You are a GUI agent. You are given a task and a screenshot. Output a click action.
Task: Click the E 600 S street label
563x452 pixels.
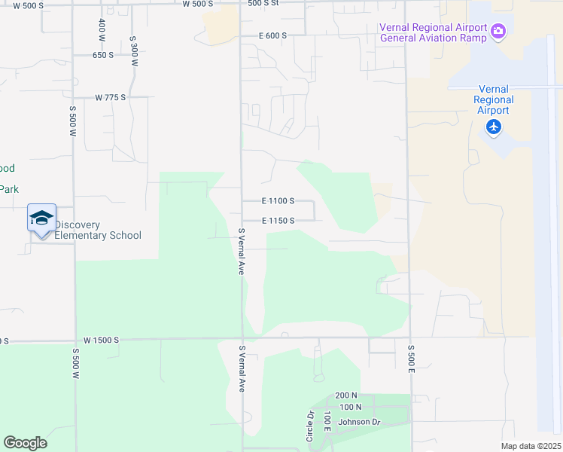(272, 35)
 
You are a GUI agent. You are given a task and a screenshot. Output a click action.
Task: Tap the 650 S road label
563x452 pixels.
(103, 55)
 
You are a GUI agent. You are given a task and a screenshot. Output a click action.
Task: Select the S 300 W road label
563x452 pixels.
(133, 49)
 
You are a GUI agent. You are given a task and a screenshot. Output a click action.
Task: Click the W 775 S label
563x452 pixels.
(110, 98)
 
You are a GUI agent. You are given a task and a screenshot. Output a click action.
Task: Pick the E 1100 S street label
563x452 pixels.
(278, 202)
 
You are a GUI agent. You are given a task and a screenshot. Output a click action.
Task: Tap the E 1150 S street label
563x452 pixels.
(278, 221)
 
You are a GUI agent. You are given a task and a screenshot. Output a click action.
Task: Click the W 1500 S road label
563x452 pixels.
(102, 341)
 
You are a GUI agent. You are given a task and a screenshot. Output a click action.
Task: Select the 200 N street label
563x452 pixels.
(346, 395)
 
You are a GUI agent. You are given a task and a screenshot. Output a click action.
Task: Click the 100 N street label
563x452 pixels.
(351, 408)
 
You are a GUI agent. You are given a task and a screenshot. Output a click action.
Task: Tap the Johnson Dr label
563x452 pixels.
(360, 422)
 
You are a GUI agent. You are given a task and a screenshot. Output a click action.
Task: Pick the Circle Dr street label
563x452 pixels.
(309, 426)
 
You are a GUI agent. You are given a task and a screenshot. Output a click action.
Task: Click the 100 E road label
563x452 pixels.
(327, 423)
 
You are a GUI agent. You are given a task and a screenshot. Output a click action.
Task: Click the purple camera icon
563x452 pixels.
(498, 32)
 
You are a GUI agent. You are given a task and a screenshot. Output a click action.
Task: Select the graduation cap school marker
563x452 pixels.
(41, 218)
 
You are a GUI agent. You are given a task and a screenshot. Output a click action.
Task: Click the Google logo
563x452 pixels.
(25, 443)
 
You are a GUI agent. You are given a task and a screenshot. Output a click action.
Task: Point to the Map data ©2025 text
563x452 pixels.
(530, 446)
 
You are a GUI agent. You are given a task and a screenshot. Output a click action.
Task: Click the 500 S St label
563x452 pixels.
(263, 3)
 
